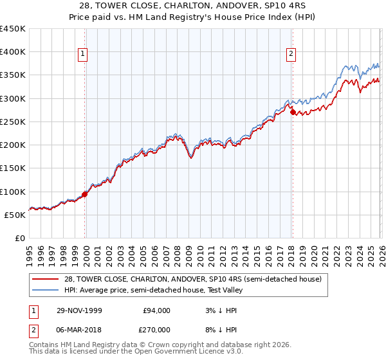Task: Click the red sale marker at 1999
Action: tap(85, 194)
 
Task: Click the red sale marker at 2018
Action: tap(293, 112)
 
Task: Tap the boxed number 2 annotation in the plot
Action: tap(291, 55)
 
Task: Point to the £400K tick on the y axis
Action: tap(13, 52)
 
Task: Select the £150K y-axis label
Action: tap(13, 168)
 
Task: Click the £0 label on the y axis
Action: tap(20, 239)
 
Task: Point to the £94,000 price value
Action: tap(156, 310)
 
